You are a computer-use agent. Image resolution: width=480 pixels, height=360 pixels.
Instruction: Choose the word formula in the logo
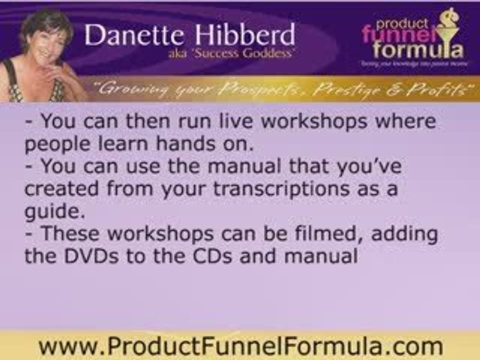(417, 50)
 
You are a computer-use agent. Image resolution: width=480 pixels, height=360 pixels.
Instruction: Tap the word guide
(51, 211)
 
